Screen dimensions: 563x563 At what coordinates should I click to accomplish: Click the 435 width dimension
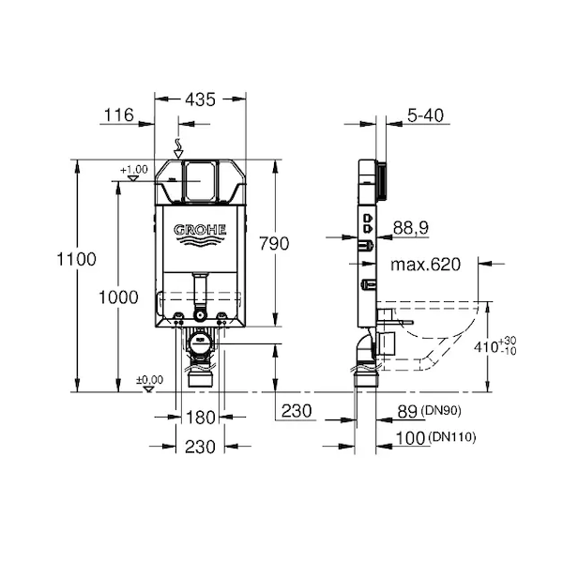(x=201, y=99)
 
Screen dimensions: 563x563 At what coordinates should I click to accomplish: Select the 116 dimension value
(x=119, y=114)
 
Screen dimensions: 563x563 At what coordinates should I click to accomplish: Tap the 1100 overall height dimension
(x=77, y=259)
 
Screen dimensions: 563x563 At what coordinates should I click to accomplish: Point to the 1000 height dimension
(x=118, y=297)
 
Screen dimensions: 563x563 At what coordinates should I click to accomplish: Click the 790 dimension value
(x=274, y=243)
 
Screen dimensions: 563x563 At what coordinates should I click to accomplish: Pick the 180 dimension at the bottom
(x=201, y=418)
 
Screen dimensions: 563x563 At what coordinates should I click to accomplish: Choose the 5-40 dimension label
(x=425, y=114)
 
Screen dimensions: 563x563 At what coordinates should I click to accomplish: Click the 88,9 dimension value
(x=411, y=228)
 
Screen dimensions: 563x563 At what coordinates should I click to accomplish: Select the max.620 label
(x=425, y=265)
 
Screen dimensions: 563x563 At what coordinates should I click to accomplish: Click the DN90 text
(x=441, y=410)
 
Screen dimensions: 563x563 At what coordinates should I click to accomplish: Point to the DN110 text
(x=452, y=437)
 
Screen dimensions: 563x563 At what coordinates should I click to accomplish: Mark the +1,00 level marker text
(x=134, y=170)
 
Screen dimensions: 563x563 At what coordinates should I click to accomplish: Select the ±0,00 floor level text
(x=150, y=379)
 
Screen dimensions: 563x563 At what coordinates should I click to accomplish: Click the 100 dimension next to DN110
(x=410, y=438)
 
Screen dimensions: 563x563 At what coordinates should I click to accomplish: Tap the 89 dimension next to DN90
(x=407, y=412)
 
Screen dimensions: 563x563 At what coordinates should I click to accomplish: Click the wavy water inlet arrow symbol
(x=178, y=148)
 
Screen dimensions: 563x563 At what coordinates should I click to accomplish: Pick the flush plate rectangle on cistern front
(x=201, y=181)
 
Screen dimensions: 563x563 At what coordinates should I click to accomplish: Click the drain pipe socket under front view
(x=201, y=379)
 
